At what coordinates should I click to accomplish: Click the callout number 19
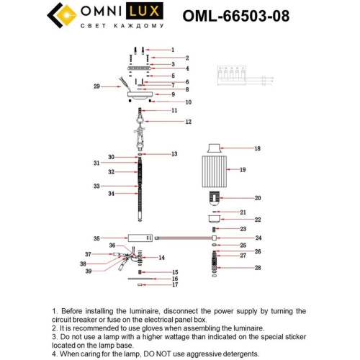(243, 170)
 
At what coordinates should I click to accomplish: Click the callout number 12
(189, 122)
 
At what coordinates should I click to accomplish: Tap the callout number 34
(111, 194)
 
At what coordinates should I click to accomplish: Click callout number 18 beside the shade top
(257, 148)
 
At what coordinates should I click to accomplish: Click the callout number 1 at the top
(172, 50)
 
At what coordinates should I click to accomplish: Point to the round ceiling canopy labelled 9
(141, 94)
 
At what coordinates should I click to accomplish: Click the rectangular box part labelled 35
(138, 237)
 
